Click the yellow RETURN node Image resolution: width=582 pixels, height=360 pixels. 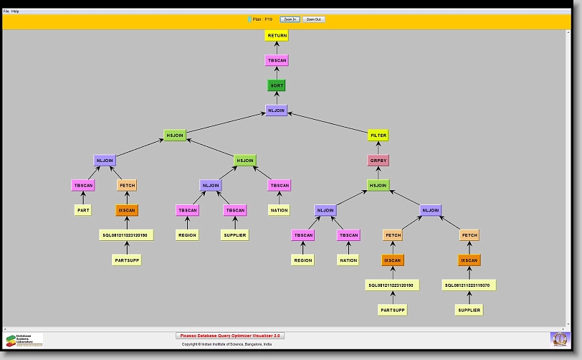point(277,35)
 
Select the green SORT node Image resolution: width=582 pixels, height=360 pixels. point(277,85)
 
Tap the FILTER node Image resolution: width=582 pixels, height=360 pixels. point(378,135)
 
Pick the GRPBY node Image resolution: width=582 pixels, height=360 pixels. point(378,160)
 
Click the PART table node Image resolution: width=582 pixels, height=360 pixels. point(83,210)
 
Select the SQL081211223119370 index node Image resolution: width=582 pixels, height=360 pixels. point(470,285)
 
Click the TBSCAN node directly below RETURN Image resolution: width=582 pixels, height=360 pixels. point(277,60)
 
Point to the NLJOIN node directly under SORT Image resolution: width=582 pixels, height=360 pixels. point(277,110)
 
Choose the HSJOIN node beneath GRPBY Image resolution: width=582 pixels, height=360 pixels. point(378,185)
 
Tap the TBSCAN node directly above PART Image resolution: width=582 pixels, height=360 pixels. point(83,185)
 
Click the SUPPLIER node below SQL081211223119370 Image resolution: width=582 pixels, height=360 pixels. point(469,310)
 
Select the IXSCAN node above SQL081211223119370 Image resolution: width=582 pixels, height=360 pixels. point(469,260)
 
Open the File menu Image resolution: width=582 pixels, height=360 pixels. point(6,11)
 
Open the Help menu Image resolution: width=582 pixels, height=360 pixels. point(15,11)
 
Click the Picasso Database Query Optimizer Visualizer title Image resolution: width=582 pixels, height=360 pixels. point(230,335)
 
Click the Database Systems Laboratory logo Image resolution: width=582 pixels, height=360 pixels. point(24,340)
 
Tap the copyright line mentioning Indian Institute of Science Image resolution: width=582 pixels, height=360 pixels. point(226,344)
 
